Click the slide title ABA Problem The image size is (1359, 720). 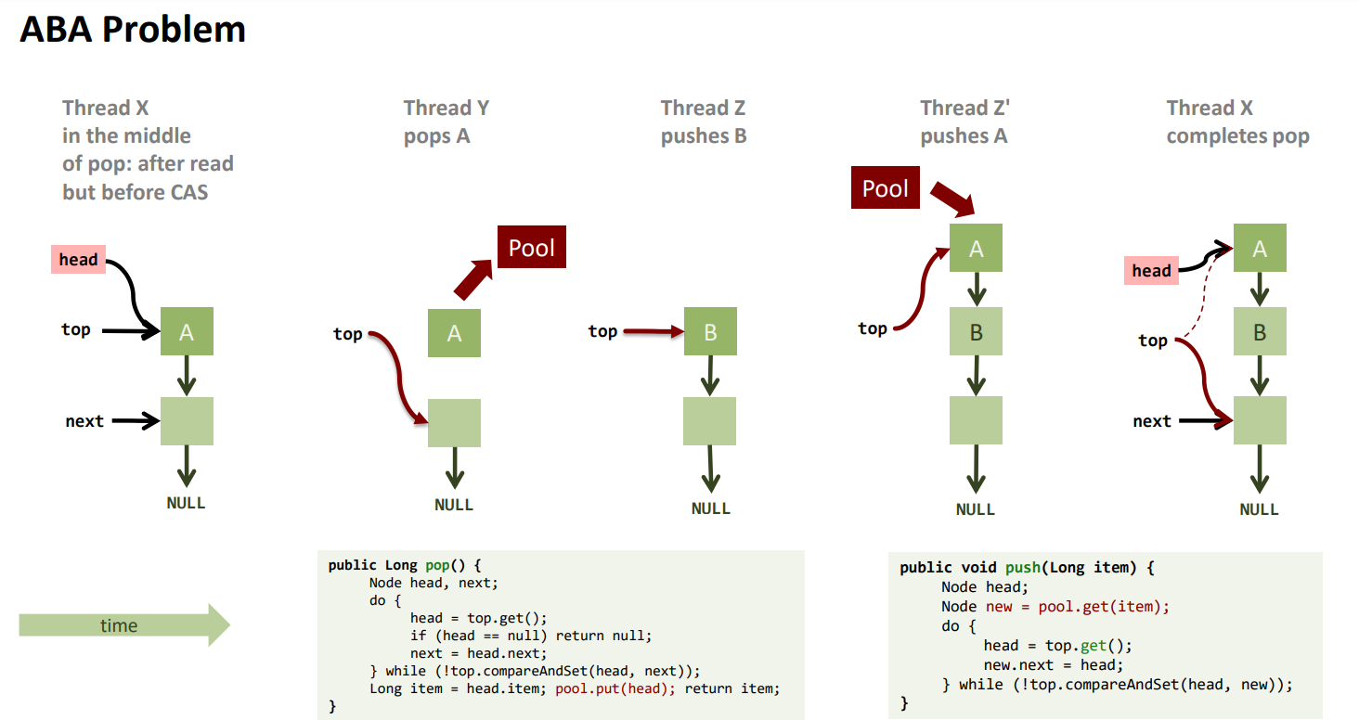tap(133, 30)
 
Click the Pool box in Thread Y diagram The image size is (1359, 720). tap(532, 248)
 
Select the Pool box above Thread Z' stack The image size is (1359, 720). tap(886, 188)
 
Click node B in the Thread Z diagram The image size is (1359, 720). tap(710, 331)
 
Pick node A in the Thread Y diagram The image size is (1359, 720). tap(454, 333)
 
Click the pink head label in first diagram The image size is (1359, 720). tap(78, 260)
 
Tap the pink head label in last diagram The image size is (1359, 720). tap(1151, 270)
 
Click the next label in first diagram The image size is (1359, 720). tap(84, 421)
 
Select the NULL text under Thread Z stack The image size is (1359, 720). tap(711, 508)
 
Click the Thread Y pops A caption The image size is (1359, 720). tap(446, 122)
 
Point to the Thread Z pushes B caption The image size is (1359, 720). tap(704, 122)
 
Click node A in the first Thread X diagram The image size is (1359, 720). tap(187, 331)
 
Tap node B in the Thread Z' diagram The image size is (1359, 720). tap(976, 331)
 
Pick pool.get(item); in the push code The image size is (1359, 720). tap(1104, 606)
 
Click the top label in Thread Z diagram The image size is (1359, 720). tap(602, 331)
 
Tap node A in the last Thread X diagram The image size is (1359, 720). tap(1260, 248)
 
